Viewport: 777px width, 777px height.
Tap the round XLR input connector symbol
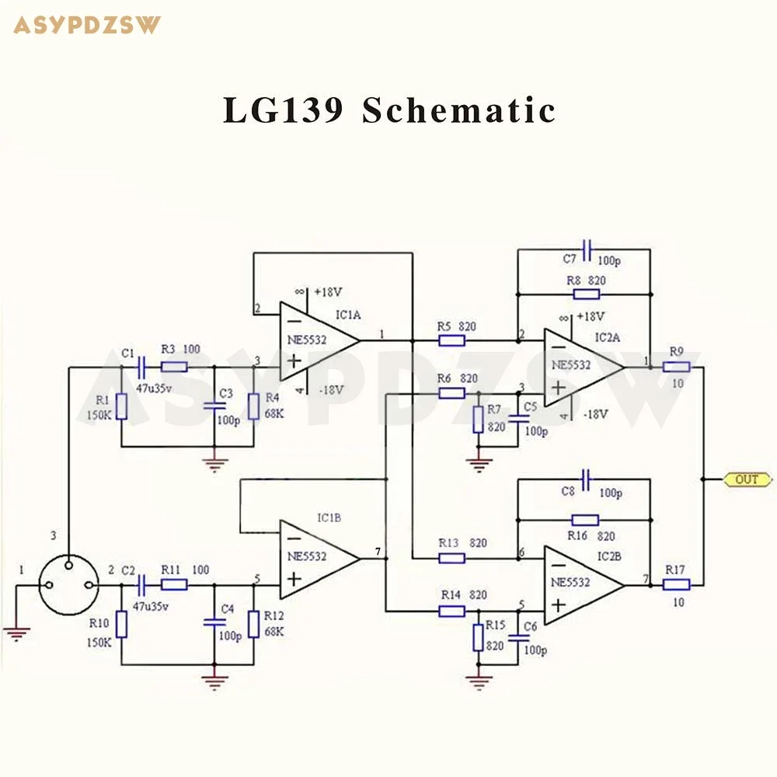tap(68, 584)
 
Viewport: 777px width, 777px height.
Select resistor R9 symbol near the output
tap(677, 366)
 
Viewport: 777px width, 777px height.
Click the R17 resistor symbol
tap(677, 584)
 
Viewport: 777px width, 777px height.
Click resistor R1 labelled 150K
tap(121, 406)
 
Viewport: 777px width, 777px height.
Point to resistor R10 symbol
tap(121, 624)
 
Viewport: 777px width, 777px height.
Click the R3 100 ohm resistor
tap(174, 366)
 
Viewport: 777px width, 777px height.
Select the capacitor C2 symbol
tap(141, 584)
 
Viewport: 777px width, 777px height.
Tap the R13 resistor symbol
tap(451, 558)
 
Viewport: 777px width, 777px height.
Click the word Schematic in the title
tap(458, 111)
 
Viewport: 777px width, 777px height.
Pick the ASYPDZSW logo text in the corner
tap(87, 25)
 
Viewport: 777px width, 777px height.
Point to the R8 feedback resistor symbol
tap(586, 294)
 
